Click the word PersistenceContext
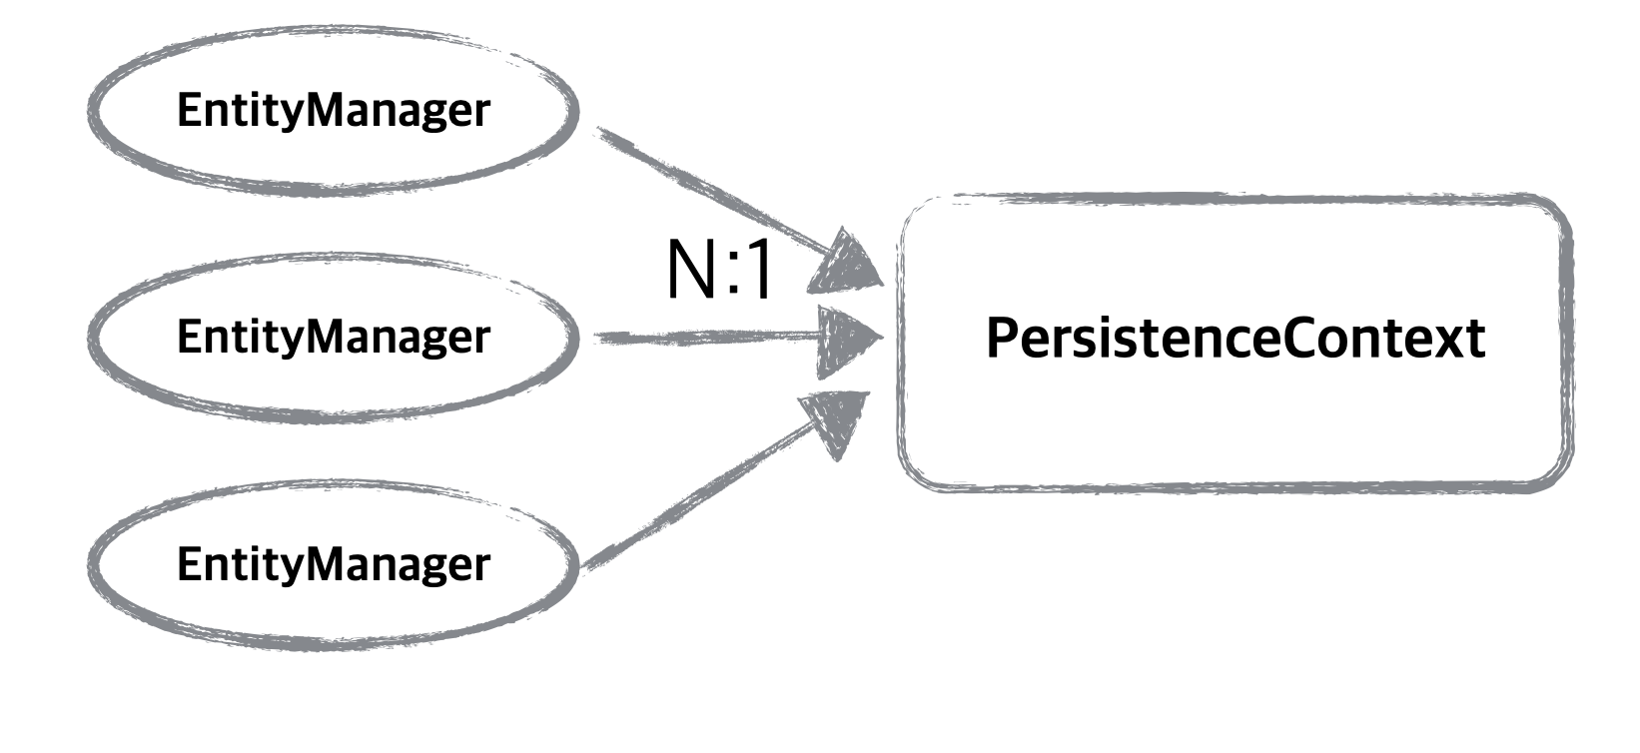coord(1234,338)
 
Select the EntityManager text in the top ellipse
coord(333,110)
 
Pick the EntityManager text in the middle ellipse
coord(333,337)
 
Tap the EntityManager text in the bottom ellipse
coord(333,564)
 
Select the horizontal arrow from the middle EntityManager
coord(699,339)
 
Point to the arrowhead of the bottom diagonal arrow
coord(837,419)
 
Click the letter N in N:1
coord(690,271)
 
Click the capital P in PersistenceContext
coord(1002,338)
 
